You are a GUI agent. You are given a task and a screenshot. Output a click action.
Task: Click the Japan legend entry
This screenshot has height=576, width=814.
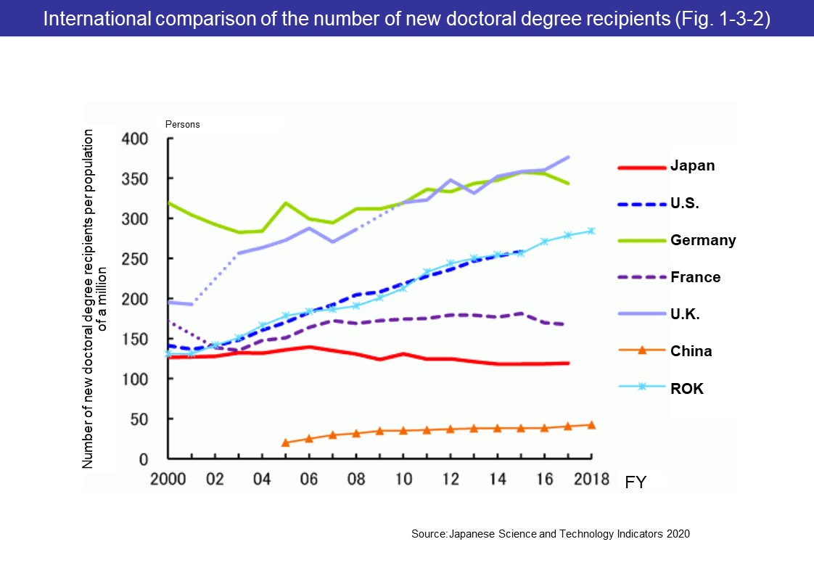692,165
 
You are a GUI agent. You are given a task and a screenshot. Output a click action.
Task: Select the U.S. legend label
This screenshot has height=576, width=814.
684,203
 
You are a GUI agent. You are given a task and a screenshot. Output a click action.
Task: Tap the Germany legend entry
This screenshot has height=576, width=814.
702,240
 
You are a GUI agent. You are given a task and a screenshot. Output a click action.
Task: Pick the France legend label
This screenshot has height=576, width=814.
695,277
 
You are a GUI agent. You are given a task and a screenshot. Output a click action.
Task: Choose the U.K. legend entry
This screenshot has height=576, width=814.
686,314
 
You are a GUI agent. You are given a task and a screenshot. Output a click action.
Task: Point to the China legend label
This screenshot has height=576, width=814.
691,351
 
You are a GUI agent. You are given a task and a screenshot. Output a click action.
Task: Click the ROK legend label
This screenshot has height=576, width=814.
686,388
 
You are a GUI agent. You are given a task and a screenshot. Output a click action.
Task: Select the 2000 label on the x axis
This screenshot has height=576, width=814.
167,480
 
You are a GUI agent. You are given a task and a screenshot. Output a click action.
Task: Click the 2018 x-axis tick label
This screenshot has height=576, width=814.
591,480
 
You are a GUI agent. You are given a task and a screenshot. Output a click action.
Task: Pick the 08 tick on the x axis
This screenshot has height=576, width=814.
355,480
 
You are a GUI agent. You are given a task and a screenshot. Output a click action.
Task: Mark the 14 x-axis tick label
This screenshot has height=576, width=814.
497,480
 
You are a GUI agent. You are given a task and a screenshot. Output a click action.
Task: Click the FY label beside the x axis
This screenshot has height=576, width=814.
636,481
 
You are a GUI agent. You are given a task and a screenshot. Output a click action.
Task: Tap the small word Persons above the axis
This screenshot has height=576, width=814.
182,125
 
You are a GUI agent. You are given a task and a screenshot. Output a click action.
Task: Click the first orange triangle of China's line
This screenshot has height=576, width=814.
285,443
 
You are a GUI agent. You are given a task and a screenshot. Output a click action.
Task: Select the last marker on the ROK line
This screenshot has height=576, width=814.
592,231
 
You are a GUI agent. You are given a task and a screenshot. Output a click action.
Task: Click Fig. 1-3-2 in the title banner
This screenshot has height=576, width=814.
710,19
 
